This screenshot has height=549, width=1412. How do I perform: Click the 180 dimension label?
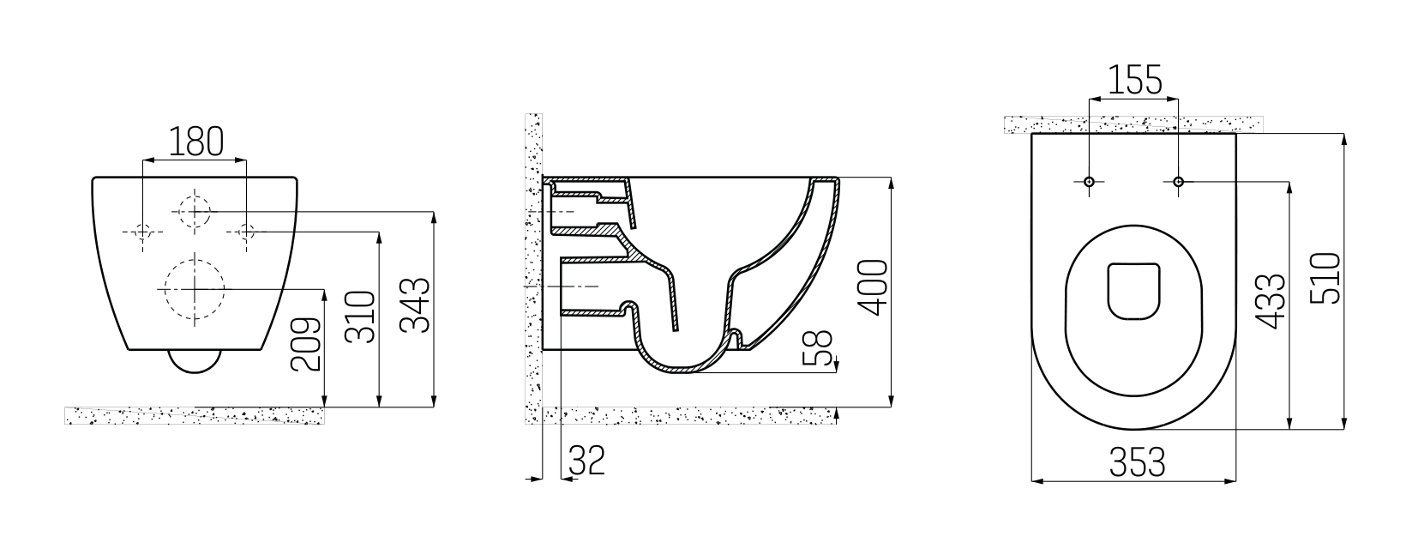(x=196, y=142)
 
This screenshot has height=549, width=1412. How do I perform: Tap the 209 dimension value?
(x=306, y=345)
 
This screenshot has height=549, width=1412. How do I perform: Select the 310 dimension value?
(x=361, y=317)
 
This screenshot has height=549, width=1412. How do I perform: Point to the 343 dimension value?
(x=416, y=305)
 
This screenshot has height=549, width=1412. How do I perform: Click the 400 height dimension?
(x=873, y=287)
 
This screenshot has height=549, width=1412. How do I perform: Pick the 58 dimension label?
(x=818, y=348)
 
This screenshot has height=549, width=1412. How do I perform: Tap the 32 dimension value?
(x=587, y=460)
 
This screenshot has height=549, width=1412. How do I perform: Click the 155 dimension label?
(x=1134, y=80)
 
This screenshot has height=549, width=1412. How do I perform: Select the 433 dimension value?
(x=1271, y=302)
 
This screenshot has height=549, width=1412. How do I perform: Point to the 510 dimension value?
(x=1325, y=278)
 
